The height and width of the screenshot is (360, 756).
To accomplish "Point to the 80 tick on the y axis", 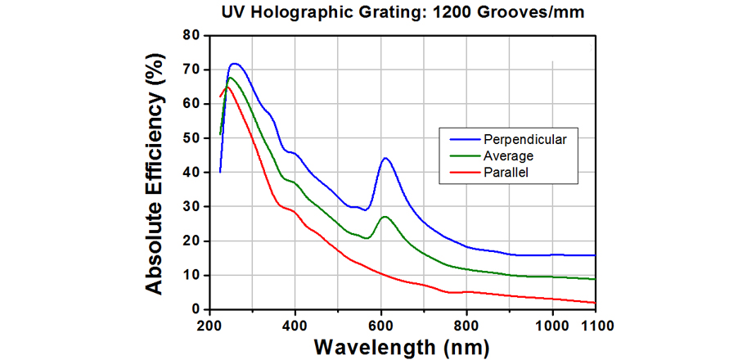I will click(191, 35).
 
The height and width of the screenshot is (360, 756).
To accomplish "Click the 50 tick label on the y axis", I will click(191, 138).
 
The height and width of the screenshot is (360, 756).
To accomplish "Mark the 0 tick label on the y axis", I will click(196, 309).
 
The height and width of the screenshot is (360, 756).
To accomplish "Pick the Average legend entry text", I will click(501, 155).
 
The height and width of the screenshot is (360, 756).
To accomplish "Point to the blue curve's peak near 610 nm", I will click(385, 159).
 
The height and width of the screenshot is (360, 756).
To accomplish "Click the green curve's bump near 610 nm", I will click(385, 217).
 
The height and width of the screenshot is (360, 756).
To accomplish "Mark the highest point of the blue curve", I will click(235, 63).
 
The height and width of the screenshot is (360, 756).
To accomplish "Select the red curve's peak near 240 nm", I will click(227, 86).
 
